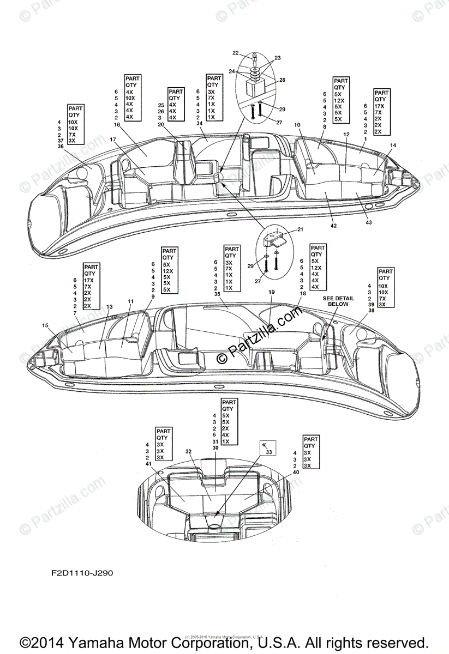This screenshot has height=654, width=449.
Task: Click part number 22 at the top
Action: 236,53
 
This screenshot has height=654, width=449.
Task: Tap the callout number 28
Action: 282,80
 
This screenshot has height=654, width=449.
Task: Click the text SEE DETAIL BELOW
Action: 336,301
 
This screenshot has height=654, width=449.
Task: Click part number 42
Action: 334,226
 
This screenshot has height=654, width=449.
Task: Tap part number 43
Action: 368,223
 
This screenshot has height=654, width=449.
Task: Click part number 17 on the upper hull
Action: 112,140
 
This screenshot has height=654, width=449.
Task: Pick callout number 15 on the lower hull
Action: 45,325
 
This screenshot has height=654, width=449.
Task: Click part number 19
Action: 271,293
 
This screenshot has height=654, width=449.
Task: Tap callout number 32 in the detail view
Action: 189,452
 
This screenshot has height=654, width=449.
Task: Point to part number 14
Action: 393,146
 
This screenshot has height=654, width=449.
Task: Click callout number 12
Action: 346,134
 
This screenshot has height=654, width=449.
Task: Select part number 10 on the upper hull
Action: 297,125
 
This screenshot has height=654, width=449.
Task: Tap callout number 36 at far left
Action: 60,146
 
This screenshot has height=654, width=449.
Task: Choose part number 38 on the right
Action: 372,310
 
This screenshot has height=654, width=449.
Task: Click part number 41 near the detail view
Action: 148,464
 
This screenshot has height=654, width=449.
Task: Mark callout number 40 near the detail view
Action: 296,472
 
